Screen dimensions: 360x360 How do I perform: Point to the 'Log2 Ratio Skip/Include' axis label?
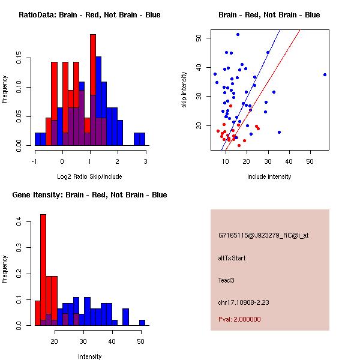click(90, 176)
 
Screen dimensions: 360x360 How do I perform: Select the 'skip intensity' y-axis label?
click(184, 90)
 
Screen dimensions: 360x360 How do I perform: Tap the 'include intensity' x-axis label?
click(269, 176)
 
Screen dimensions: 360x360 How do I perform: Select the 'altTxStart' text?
click(232, 258)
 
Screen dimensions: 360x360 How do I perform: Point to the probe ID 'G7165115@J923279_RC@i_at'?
click(263, 236)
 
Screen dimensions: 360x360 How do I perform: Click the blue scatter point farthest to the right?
click(325, 74)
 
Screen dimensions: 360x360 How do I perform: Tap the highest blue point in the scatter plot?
click(238, 35)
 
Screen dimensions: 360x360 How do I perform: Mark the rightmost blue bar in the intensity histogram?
click(142, 323)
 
